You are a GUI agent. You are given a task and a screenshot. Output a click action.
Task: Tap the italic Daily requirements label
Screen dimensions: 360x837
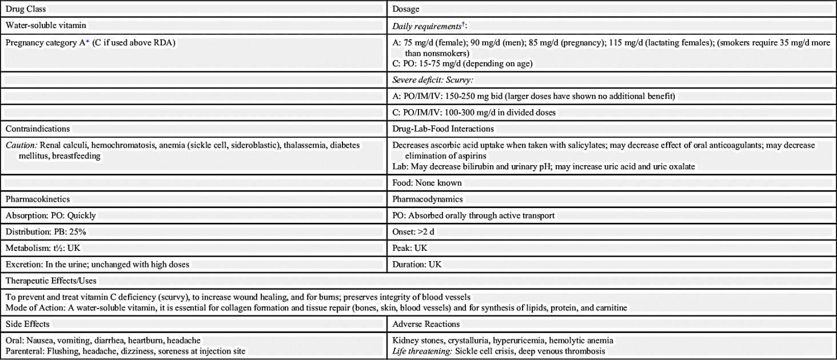pyautogui.click(x=427, y=26)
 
